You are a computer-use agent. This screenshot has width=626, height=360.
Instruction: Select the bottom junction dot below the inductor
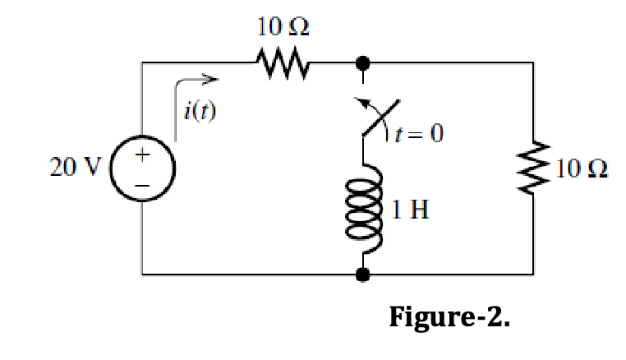point(361,274)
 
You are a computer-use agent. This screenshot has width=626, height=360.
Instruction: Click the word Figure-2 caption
point(449,316)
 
